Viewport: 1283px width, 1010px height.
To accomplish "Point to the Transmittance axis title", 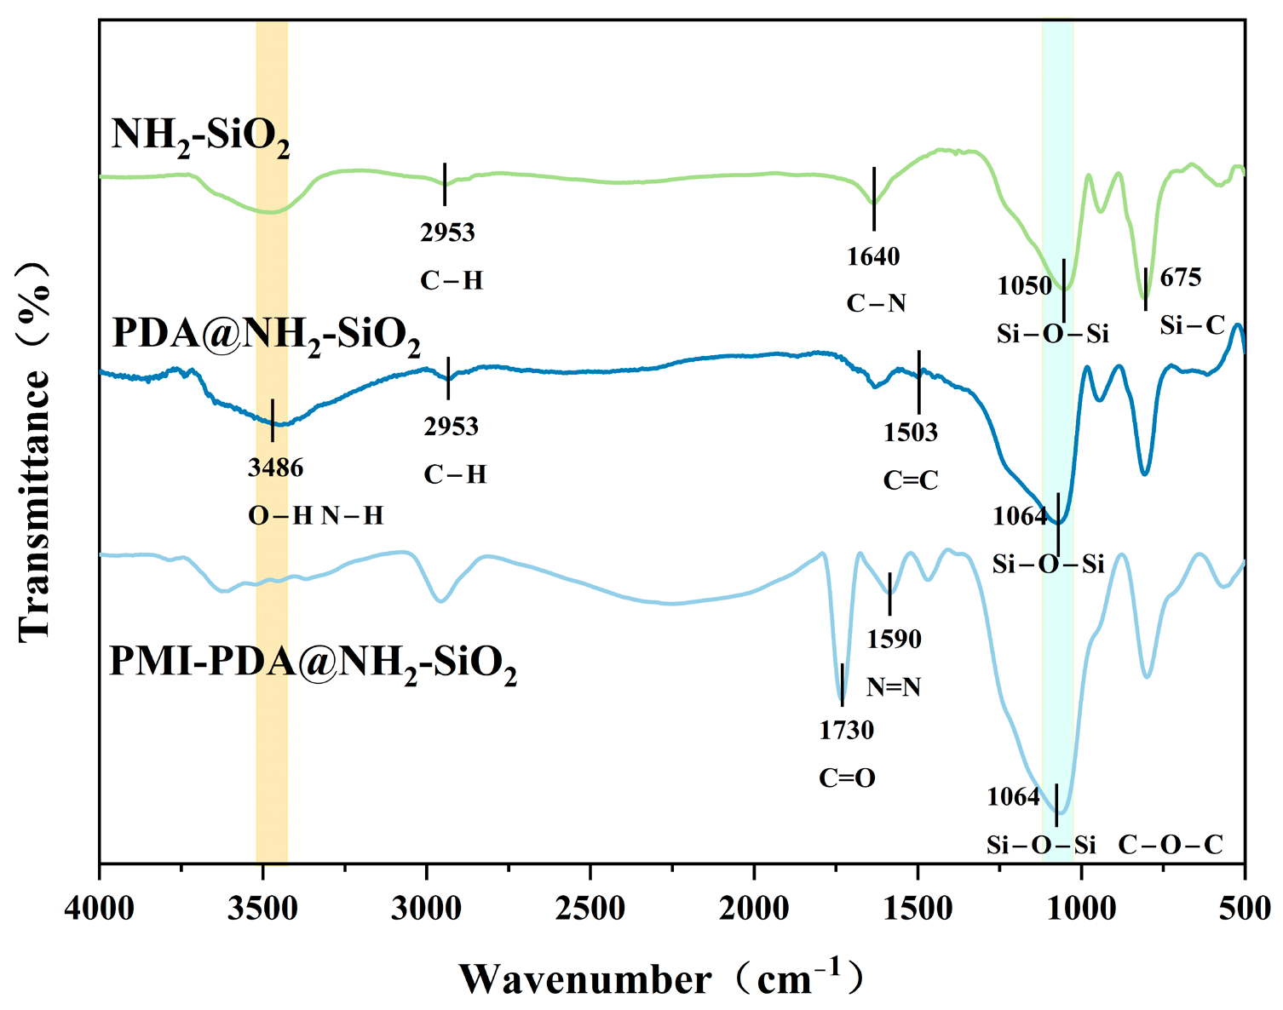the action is coord(34,453).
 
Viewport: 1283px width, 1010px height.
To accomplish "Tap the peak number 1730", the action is coord(846,730).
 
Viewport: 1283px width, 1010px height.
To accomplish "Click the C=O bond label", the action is coord(847,778).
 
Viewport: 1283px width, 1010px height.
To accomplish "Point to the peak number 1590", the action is coord(894,640).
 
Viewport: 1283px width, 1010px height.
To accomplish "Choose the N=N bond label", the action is coord(893,687).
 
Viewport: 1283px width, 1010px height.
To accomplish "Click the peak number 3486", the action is coord(275,468).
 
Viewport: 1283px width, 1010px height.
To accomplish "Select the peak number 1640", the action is coord(873,257).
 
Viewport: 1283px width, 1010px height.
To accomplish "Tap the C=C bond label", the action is coord(911,479).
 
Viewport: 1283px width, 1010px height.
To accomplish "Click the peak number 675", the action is coord(1181,278).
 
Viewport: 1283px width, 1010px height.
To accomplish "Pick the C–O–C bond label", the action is coord(1171,844).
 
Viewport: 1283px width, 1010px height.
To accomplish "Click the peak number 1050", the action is coord(1025,286).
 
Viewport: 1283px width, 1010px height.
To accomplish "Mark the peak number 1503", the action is coord(911,432).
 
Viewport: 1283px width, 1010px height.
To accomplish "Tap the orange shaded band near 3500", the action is coord(272,441).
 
